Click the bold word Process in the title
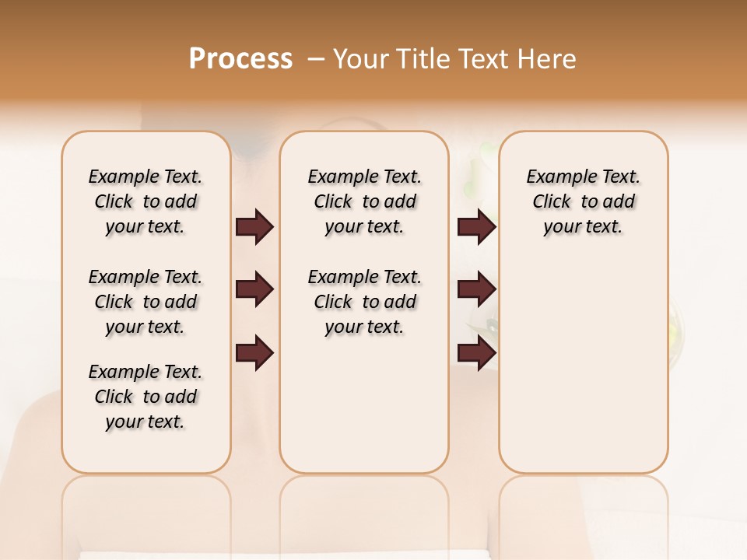(240, 59)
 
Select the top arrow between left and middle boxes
(254, 227)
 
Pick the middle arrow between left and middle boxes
(254, 289)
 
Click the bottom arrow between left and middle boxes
(254, 352)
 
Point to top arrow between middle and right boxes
(476, 227)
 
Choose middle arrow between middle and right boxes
(476, 289)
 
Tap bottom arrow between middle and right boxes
(476, 352)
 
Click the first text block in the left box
(146, 201)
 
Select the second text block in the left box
(146, 302)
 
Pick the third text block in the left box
(146, 397)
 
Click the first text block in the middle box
(364, 201)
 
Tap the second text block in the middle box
(364, 302)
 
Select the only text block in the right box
(583, 201)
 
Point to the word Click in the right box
(552, 202)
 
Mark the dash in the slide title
(316, 59)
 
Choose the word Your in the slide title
(359, 59)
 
